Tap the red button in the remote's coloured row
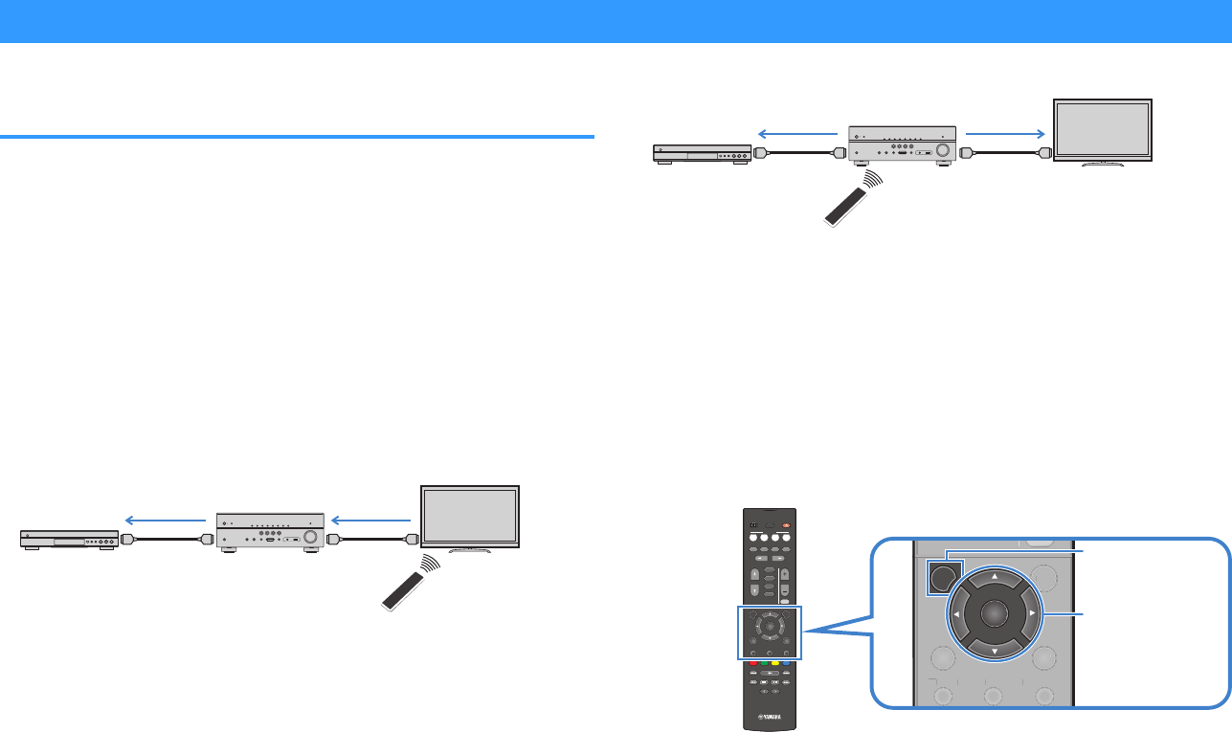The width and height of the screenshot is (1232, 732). click(x=752, y=662)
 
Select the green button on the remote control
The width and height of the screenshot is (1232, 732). click(x=764, y=662)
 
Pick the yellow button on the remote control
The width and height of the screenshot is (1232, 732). click(x=775, y=662)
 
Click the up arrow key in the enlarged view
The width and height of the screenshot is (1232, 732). click(x=993, y=577)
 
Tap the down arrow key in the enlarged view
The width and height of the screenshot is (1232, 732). click(x=993, y=652)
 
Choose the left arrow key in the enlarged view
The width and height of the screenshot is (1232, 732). click(x=954, y=614)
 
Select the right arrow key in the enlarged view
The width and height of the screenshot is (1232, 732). click(x=1032, y=614)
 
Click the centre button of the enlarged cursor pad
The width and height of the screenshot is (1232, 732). click(x=993, y=614)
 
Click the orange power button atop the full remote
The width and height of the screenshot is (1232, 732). click(x=787, y=524)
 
